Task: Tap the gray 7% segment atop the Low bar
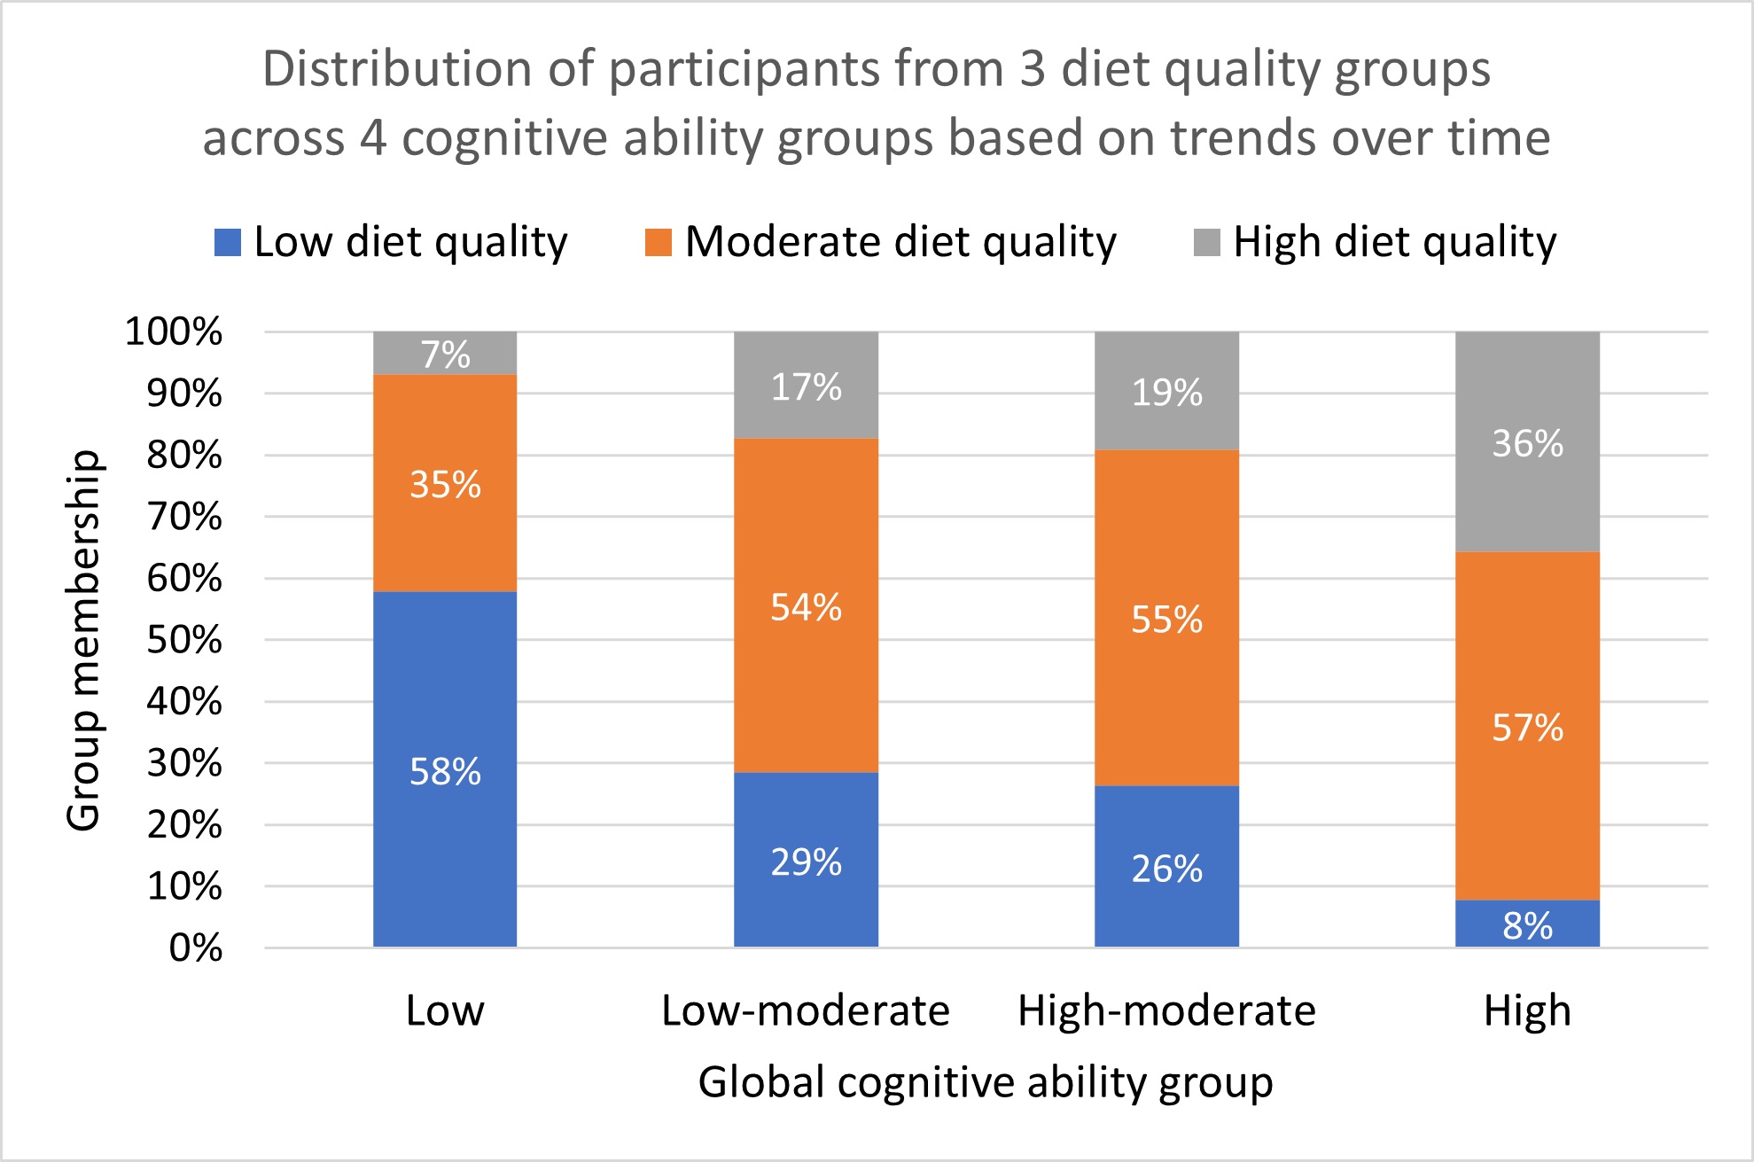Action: click(445, 354)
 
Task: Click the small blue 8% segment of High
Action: click(1527, 924)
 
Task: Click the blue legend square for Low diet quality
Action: click(228, 243)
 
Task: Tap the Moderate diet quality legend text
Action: click(900, 242)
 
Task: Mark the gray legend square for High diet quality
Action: click(1206, 243)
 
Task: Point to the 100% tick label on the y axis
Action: click(174, 332)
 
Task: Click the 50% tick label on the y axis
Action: click(184, 640)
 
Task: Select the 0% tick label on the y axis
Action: click(196, 948)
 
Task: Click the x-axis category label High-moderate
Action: click(1166, 1010)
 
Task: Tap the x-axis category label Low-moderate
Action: click(806, 1010)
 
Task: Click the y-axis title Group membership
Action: click(84, 640)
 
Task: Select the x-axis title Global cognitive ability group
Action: click(986, 1082)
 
